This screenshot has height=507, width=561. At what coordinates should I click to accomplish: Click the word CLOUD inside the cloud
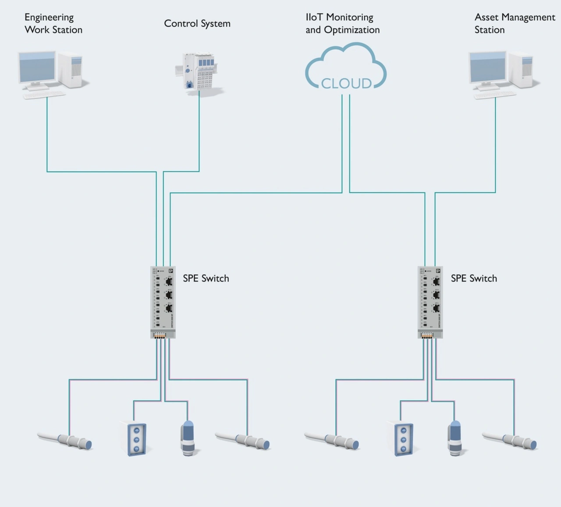point(346,83)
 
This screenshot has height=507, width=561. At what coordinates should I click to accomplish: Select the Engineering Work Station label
point(53,24)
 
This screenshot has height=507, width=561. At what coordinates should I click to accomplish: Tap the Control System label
point(197,24)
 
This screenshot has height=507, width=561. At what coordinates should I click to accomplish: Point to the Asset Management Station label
point(515,24)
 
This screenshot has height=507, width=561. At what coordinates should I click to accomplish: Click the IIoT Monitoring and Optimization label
point(342,24)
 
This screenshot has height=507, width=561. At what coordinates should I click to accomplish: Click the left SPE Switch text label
point(206,278)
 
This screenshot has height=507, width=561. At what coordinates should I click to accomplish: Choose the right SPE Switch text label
point(474,278)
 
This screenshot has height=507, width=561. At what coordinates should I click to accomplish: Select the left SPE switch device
point(163,302)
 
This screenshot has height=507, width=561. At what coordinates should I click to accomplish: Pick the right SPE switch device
point(430,302)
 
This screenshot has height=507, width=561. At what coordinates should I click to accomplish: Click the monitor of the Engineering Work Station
point(37,67)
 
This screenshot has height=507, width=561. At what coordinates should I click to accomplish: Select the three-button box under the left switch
point(134,439)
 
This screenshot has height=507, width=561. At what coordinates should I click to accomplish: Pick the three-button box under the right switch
point(401,439)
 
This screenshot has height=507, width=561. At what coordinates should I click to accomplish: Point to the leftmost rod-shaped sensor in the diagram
point(66,440)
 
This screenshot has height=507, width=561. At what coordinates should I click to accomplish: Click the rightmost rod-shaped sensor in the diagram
point(511,440)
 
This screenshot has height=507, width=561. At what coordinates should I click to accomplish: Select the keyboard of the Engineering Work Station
point(44,95)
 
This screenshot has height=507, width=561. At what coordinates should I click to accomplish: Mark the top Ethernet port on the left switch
point(169,282)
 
